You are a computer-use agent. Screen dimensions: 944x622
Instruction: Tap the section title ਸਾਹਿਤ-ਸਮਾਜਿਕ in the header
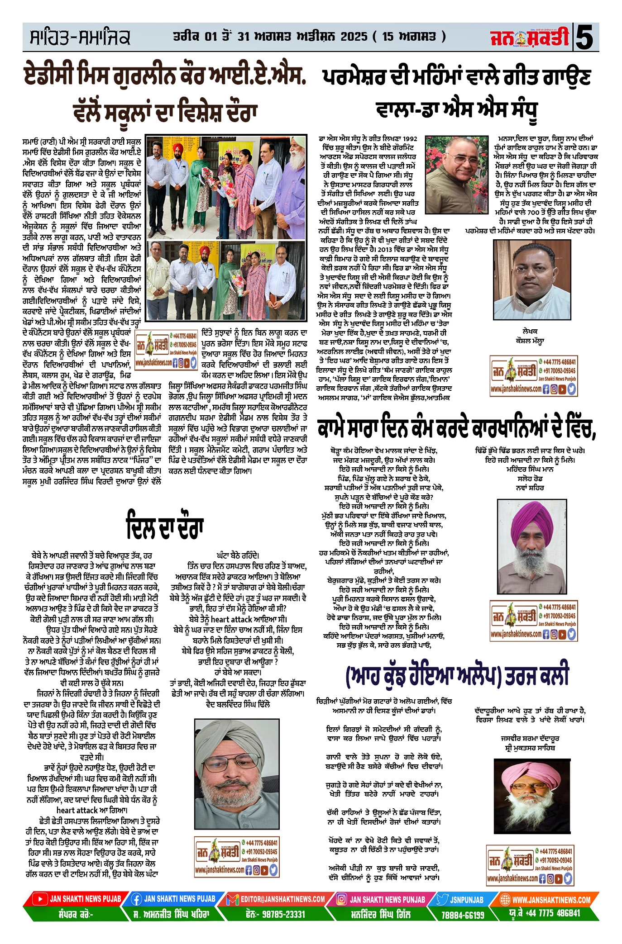click(80, 38)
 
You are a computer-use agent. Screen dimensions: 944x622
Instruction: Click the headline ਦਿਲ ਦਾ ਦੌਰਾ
click(165, 527)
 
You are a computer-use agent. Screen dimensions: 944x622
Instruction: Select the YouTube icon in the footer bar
click(40, 899)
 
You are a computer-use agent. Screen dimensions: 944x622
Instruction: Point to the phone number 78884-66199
click(463, 915)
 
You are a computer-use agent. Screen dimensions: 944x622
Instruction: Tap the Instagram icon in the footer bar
click(341, 899)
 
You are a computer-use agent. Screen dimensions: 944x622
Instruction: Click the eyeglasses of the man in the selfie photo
click(225, 765)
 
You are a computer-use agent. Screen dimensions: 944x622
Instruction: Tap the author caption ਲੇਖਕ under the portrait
click(529, 331)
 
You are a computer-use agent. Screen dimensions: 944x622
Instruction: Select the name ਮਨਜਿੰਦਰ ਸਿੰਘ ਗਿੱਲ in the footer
click(381, 914)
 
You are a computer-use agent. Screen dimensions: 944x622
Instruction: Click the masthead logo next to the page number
click(529, 38)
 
